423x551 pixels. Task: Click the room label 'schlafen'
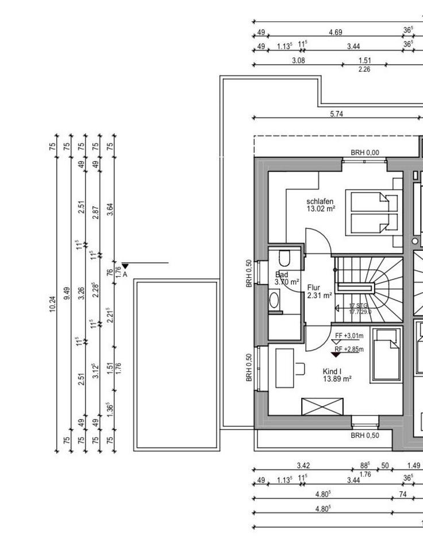(320, 201)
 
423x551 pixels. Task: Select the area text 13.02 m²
(320, 209)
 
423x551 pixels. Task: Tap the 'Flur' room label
(314, 287)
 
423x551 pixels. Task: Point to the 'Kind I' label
(332, 371)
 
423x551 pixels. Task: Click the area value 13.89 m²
(337, 379)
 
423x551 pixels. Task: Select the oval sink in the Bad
(274, 300)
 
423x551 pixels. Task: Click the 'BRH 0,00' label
(365, 153)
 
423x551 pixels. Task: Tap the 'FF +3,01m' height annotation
(349, 336)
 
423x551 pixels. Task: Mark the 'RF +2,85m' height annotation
(349, 348)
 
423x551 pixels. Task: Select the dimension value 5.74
(336, 114)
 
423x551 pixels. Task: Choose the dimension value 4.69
(335, 32)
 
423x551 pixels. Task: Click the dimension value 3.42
(303, 465)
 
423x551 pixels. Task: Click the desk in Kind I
(285, 367)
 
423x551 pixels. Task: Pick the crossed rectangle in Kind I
(322, 406)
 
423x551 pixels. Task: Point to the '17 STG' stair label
(359, 306)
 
